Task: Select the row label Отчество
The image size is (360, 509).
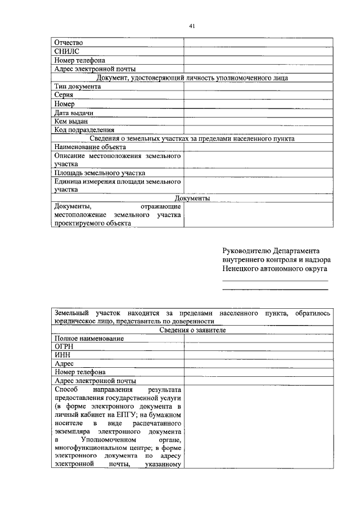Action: click(x=69, y=42)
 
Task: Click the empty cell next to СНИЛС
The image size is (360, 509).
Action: click(x=258, y=51)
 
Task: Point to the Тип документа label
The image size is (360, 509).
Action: click(x=78, y=87)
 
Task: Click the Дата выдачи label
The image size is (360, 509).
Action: click(x=73, y=112)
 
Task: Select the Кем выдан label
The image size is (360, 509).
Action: click(x=71, y=121)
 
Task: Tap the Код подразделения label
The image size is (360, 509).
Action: click(x=84, y=130)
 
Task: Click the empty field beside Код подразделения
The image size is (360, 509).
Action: click(x=258, y=130)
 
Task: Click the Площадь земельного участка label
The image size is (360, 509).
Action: click(x=100, y=173)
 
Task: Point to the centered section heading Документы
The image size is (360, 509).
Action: click(x=192, y=199)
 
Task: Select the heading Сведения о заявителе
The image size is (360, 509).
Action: click(x=192, y=330)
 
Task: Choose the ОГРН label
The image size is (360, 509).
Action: click(x=64, y=347)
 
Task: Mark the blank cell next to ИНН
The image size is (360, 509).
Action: click(x=258, y=355)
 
